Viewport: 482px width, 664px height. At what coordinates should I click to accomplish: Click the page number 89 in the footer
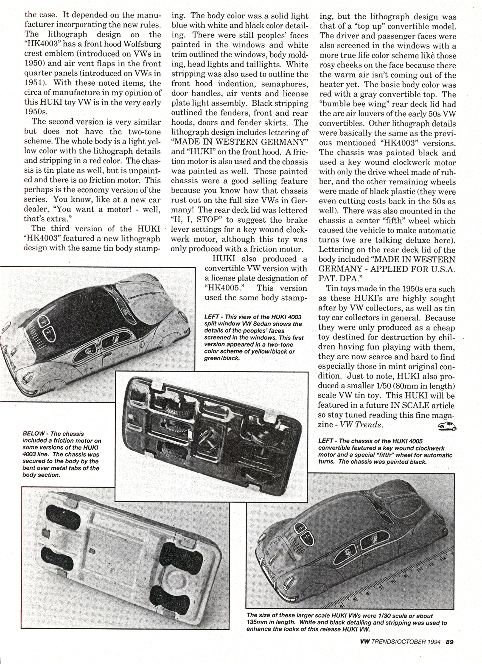[x=449, y=642]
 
